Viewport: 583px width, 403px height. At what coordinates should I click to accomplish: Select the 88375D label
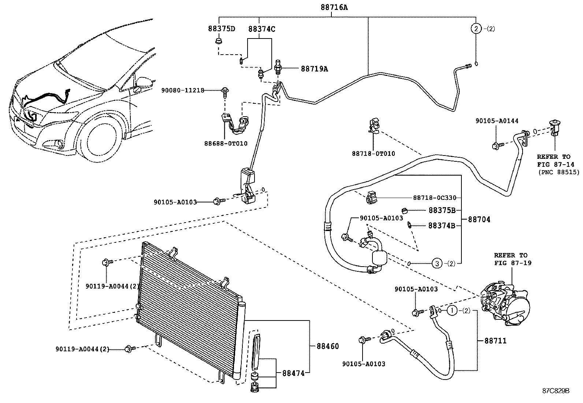coord(222,29)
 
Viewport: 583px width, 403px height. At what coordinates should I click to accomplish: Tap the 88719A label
coord(314,69)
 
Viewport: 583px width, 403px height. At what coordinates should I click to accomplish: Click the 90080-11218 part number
coord(182,90)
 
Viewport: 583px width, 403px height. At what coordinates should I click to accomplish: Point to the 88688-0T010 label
coord(226,143)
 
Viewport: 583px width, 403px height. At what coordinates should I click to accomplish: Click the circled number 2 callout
coord(475,29)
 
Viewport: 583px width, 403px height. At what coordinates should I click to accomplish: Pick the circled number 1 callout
coord(452,311)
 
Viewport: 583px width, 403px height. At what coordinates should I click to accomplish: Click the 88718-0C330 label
coord(435,198)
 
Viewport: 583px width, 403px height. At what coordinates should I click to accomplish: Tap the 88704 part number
coord(479,220)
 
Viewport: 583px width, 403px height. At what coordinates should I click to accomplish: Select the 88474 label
coord(293,373)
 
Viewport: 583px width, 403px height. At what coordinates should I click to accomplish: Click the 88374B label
coord(442,226)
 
